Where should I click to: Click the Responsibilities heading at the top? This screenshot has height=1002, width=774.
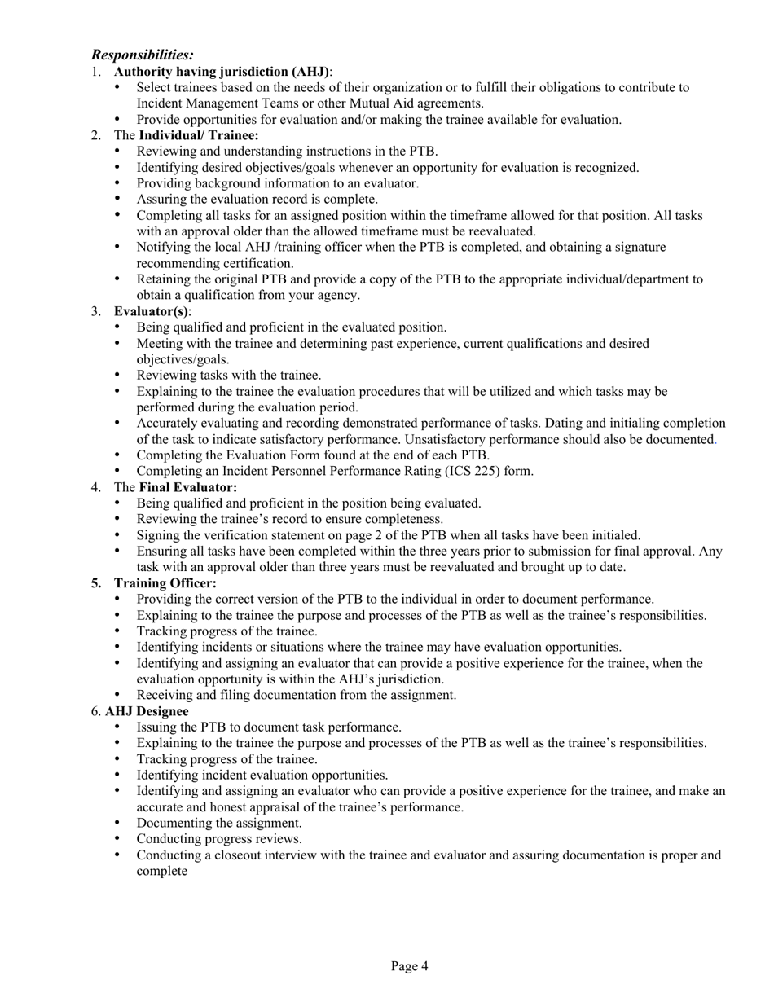[143, 55]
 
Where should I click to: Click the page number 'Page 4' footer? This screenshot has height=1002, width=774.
[409, 966]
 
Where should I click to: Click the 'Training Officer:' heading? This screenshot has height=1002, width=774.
[165, 583]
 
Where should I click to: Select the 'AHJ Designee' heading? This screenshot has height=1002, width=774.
[147, 711]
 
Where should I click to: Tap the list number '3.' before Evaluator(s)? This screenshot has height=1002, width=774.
[96, 311]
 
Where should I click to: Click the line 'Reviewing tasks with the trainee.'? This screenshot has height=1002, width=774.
[229, 376]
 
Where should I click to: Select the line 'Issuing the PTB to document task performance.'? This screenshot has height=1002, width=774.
[269, 727]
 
